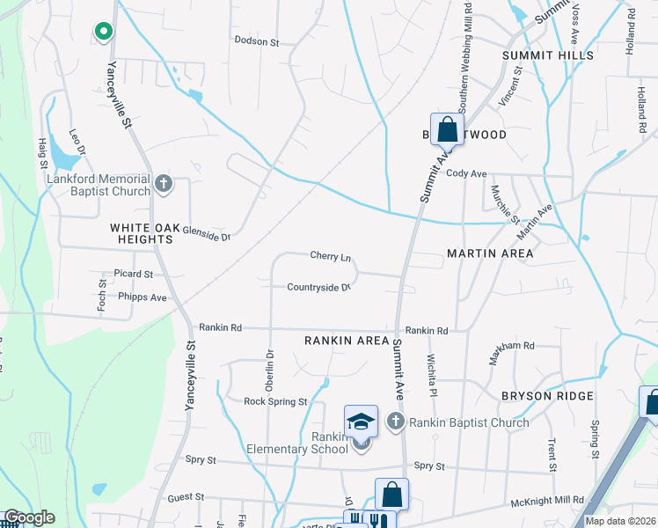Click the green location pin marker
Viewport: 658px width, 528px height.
tap(103, 33)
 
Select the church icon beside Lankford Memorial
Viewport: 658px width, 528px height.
tap(162, 184)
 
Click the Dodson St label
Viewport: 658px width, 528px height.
tap(256, 41)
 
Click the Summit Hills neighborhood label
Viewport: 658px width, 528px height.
tap(547, 55)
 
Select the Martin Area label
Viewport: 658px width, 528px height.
tap(490, 253)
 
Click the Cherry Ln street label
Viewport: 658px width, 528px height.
tap(331, 256)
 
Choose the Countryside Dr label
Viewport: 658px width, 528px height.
tap(318, 287)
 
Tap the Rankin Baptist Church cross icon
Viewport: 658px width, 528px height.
tap(395, 422)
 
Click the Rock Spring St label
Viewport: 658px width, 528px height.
tap(275, 401)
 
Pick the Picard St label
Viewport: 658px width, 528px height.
tap(134, 274)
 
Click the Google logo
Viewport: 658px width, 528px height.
tap(28, 518)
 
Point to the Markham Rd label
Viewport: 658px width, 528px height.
tap(512, 346)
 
